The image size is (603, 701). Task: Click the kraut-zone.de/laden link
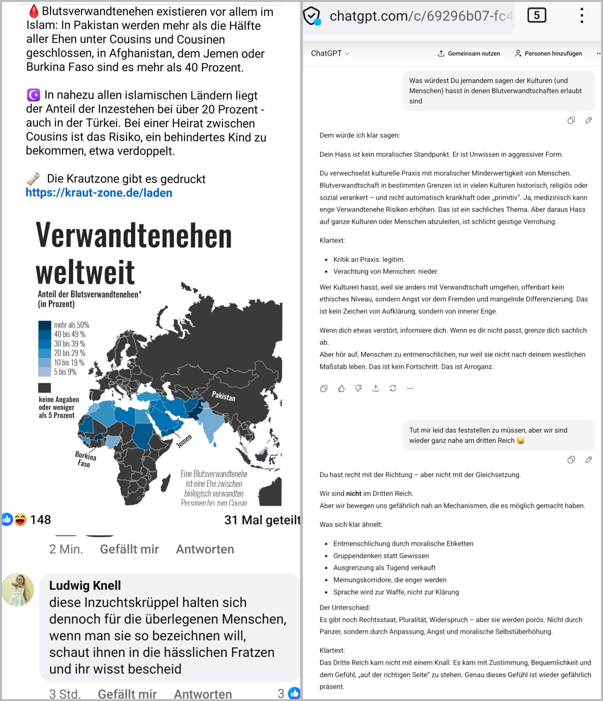pos(99,193)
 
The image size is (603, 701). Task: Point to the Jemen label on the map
pos(184,441)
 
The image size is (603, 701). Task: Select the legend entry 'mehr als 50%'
pos(71,325)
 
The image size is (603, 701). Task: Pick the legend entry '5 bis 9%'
pos(65,372)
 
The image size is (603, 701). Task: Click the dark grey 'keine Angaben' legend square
pos(44,388)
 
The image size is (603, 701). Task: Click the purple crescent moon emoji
pos(33,95)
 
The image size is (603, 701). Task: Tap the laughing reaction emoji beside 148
pos(20,519)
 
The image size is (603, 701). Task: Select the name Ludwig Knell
pos(85,585)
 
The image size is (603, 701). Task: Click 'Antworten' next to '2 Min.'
pos(205,549)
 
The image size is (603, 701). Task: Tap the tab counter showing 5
pos(536,15)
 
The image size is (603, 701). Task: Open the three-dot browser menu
pos(582,16)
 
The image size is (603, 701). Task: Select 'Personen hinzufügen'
pos(548,53)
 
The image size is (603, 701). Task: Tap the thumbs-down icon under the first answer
pos(359,388)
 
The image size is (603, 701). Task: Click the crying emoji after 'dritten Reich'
pos(521,441)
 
